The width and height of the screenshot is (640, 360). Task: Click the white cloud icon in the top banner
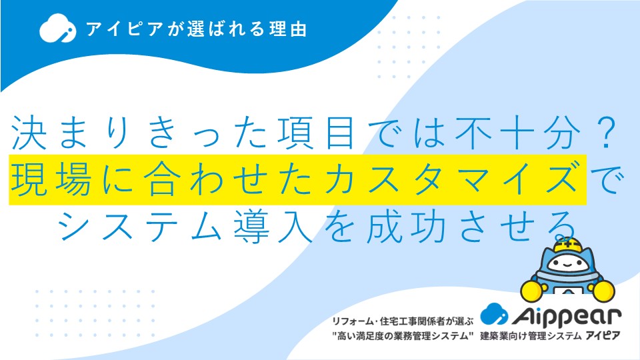click(57, 28)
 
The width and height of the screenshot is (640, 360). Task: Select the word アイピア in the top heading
click(125, 29)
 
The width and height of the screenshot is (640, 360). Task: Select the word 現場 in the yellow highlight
click(51, 179)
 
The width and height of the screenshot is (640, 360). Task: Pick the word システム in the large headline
click(139, 226)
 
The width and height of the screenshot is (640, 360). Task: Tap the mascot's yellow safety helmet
click(567, 244)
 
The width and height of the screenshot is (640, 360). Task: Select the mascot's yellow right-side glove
click(604, 291)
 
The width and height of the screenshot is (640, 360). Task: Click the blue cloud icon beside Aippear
click(494, 314)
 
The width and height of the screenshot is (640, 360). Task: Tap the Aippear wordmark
click(567, 315)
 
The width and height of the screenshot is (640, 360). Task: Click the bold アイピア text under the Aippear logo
click(603, 335)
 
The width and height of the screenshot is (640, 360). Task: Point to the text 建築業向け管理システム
click(531, 336)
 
